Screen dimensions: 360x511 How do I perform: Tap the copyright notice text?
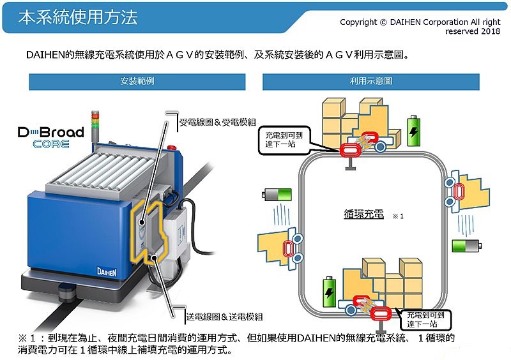click(x=420, y=26)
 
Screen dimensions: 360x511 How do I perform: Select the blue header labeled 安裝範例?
click(x=137, y=82)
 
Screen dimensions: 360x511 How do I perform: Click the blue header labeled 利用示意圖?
click(x=370, y=82)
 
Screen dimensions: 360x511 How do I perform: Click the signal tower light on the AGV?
click(x=96, y=125)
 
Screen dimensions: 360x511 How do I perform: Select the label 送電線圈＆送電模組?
click(x=225, y=316)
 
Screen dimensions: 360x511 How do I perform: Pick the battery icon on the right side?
click(x=465, y=246)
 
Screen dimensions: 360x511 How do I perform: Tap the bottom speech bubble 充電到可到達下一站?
click(x=424, y=319)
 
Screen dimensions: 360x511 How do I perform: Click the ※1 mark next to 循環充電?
click(x=398, y=217)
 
